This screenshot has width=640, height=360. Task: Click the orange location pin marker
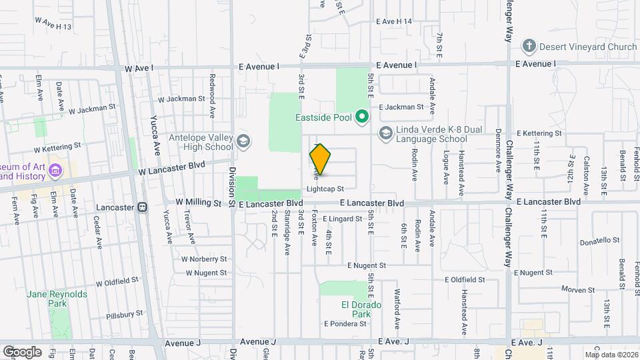[320, 159]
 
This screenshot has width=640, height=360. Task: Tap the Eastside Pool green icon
[362, 118]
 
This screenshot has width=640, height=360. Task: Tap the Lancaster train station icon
[142, 207]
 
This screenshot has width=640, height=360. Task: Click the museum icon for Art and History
[56, 171]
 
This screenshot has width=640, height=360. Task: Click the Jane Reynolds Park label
[47, 298]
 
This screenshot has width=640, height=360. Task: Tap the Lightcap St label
[325, 189]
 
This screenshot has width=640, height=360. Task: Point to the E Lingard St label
[345, 218]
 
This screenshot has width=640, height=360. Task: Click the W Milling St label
[197, 202]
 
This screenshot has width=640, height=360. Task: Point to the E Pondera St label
[345, 323]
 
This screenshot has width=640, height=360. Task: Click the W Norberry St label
[204, 259]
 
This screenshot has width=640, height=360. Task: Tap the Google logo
[22, 351]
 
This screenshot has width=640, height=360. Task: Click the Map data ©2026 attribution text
[611, 355]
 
